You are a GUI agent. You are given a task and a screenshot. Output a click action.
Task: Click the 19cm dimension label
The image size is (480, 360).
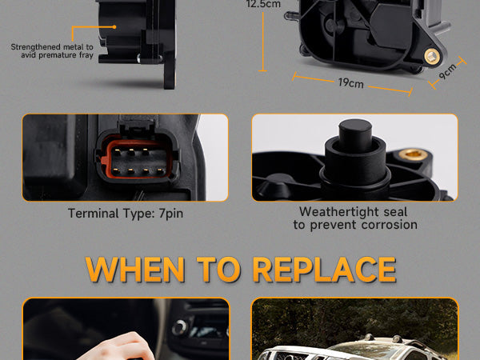click(351, 82)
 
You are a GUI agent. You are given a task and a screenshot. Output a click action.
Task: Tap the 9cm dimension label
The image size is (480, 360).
click(447, 71)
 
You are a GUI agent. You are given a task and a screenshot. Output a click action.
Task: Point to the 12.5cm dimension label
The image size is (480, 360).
click(263, 4)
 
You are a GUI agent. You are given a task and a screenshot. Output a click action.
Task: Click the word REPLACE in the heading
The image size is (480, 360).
click(325, 270)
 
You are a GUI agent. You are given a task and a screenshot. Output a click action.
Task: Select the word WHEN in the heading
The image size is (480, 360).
click(135, 270)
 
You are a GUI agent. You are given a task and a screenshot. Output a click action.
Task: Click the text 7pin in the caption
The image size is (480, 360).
click(171, 214)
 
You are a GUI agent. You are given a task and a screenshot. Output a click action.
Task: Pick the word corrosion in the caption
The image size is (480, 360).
click(390, 225)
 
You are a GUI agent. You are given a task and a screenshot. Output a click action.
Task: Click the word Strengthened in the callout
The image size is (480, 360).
click(35, 47)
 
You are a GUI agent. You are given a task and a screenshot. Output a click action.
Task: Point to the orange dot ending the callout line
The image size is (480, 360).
click(114, 27)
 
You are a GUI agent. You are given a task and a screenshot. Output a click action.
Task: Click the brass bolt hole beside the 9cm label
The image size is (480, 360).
click(432, 56)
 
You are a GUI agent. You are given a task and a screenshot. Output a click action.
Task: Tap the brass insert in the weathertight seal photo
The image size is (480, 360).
click(413, 154)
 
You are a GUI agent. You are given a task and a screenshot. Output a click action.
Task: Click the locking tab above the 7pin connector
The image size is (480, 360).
click(136, 126)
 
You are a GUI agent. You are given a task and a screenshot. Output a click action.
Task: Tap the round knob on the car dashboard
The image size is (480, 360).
click(180, 328)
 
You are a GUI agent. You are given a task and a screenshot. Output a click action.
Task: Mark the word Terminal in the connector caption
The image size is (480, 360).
click(94, 214)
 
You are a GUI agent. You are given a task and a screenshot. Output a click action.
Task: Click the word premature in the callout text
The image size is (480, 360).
click(58, 55)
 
